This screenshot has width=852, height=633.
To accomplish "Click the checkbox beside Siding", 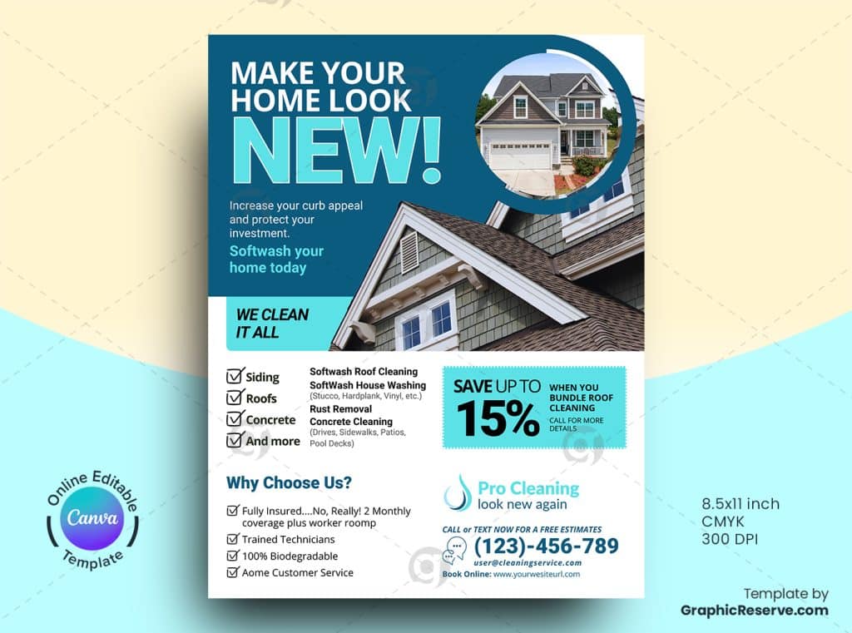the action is tap(235, 375).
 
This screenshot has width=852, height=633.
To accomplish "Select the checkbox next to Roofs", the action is tap(235, 398).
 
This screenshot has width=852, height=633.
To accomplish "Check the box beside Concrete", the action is tap(235, 418).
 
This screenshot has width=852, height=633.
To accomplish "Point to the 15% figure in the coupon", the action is tap(498, 418).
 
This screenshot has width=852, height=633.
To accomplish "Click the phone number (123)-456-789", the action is tap(546, 546).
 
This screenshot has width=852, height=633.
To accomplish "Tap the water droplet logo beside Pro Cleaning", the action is tap(458, 492).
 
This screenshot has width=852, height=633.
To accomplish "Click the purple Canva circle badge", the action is tap(92, 518).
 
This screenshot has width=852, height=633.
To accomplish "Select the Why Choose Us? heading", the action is tap(289, 482).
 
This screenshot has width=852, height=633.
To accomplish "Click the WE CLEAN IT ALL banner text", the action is tap(272, 324).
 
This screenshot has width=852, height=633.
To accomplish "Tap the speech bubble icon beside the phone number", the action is tap(455, 550).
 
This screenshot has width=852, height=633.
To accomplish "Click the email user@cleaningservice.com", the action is tap(527, 563).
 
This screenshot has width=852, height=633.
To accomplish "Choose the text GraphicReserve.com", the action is tap(754, 611).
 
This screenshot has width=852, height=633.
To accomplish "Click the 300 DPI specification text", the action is tap(729, 539).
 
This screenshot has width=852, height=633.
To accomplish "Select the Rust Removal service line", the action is tap(340, 408).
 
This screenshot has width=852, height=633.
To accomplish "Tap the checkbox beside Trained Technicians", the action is tap(233, 539).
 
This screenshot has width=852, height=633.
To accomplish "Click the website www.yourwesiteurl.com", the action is tap(537, 574).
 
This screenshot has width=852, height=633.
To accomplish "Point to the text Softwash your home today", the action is tap(276, 260).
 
